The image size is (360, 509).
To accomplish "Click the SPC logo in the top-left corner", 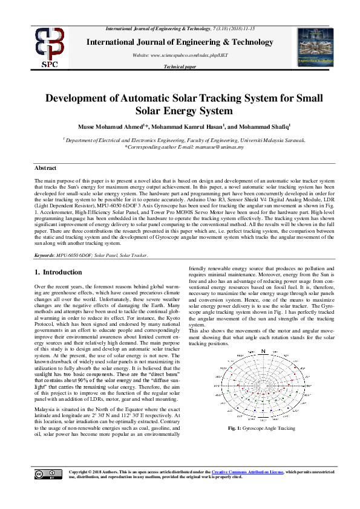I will point(50,47).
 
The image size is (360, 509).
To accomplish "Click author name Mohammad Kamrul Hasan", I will point(189,126).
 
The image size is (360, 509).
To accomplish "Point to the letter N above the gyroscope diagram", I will point(263,351).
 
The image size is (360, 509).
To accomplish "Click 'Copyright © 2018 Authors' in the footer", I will point(97,472).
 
